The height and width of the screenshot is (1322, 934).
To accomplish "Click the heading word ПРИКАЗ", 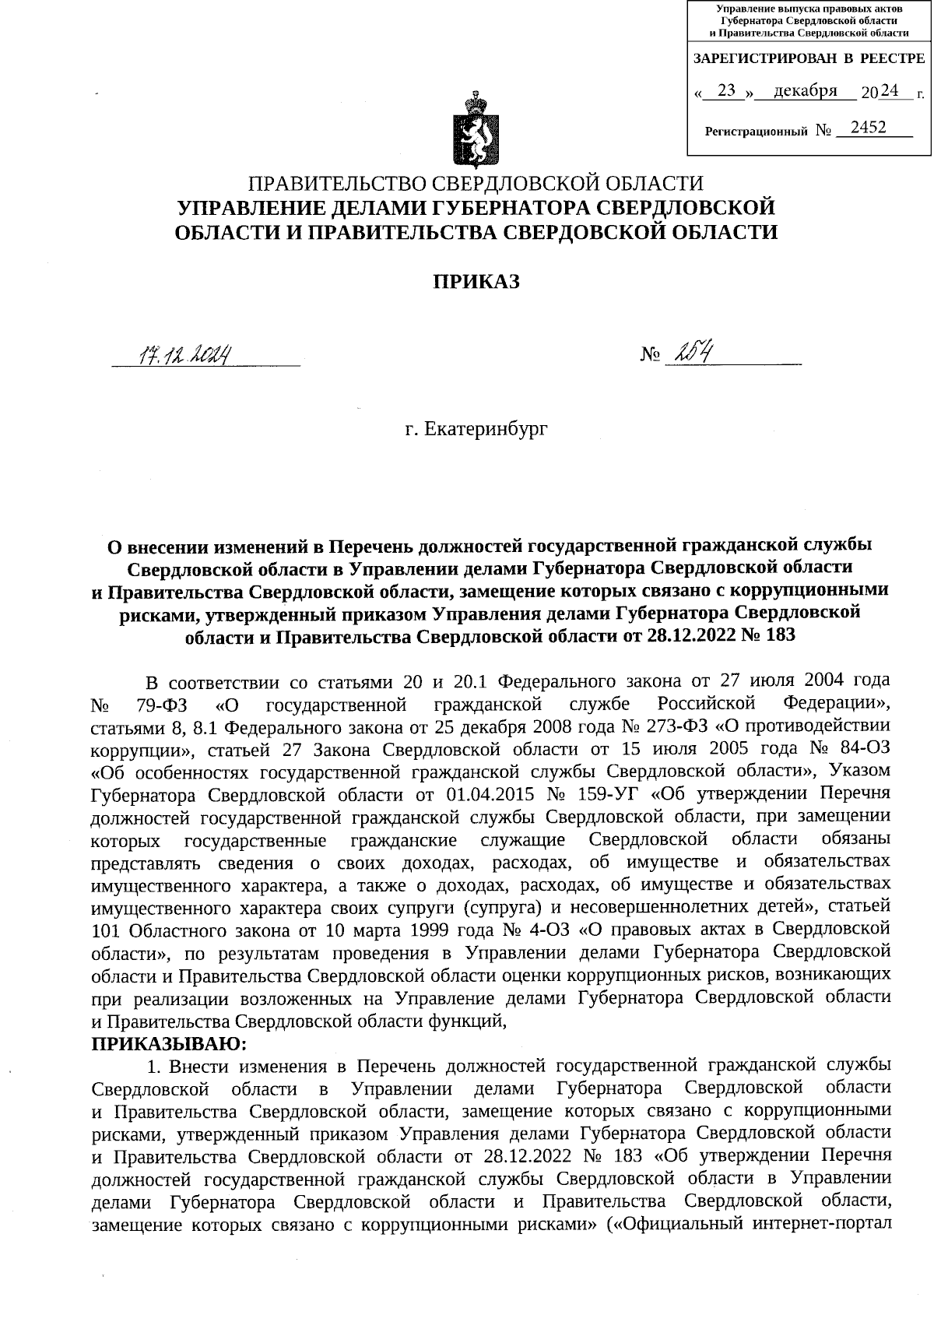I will coord(476,282).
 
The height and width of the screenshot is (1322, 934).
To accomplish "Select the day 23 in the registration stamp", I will coord(727,91).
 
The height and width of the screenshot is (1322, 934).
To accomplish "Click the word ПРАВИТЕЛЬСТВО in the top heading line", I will coord(337,184).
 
